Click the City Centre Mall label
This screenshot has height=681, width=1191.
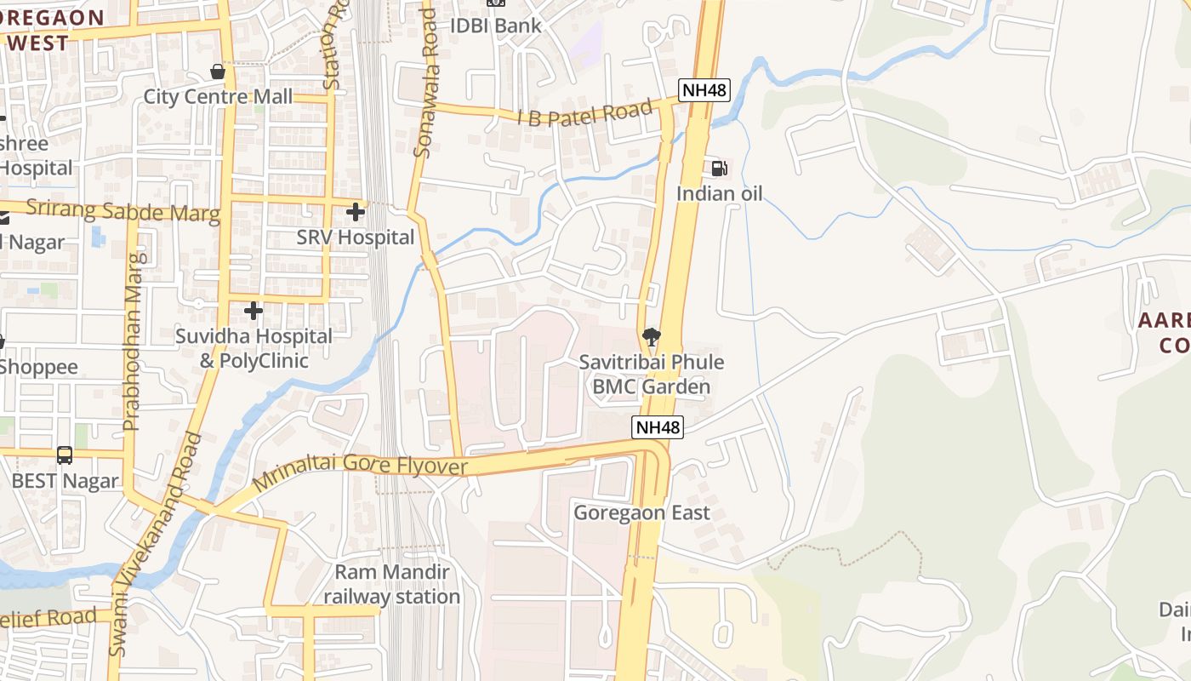(x=218, y=96)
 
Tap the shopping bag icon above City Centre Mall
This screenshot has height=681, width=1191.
(x=218, y=72)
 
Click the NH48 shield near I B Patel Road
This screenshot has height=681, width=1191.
(x=704, y=89)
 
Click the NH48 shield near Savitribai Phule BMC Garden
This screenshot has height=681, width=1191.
(x=658, y=427)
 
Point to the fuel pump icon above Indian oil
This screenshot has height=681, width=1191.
(x=719, y=169)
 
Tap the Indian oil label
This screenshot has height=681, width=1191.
(x=719, y=194)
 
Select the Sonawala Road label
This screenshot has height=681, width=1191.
(x=425, y=83)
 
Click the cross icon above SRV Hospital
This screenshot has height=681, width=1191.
(x=356, y=211)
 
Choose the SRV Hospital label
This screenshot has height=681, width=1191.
(x=356, y=237)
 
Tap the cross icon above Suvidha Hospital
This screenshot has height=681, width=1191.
(x=254, y=311)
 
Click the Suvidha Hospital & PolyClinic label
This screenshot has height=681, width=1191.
(x=254, y=348)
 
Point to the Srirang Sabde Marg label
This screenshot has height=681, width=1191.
(x=123, y=209)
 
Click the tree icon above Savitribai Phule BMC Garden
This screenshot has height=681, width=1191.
(x=652, y=336)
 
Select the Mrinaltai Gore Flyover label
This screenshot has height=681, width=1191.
(x=361, y=466)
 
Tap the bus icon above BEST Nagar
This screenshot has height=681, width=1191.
(x=65, y=455)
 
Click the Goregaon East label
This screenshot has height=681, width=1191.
(x=641, y=512)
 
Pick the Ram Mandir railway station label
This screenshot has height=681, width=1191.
(x=391, y=584)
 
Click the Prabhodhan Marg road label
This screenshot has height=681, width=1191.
(x=132, y=340)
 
